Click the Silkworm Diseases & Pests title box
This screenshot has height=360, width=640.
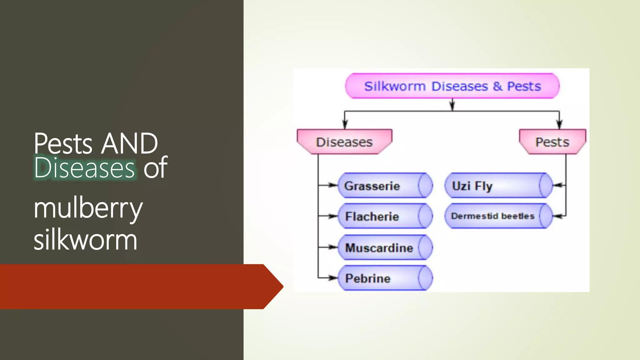(452, 86)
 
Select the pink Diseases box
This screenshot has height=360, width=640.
(344, 142)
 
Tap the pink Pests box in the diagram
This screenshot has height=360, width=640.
(552, 142)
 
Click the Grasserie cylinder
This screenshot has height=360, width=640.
(385, 186)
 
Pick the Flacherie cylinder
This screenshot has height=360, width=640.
(385, 216)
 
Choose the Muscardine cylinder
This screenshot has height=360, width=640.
(385, 247)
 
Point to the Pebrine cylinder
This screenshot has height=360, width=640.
(385, 278)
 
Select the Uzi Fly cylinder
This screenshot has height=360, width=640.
(498, 186)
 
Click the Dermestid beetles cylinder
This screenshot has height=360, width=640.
(498, 216)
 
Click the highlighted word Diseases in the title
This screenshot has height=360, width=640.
(85, 168)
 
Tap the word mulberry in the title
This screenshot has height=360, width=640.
(88, 209)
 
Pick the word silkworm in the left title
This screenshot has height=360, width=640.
(85, 240)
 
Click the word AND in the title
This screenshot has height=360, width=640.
(130, 143)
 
